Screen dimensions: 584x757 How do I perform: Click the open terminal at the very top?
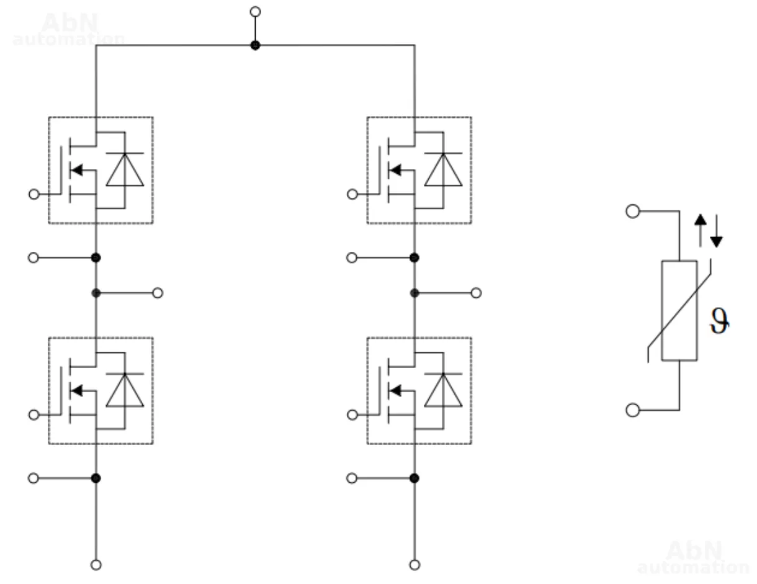click(254, 12)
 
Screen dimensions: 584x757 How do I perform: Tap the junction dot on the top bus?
click(254, 45)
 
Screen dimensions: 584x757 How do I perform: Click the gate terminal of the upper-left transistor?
click(34, 194)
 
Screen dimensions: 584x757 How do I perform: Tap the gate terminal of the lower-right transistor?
click(352, 414)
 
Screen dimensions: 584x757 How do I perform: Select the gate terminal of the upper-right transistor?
click(352, 194)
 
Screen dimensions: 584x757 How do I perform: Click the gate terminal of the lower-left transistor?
click(34, 414)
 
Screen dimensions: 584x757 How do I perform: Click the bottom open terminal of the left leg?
click(96, 565)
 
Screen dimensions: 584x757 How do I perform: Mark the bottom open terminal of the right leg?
click(414, 565)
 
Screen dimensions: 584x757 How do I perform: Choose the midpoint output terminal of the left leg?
click(158, 293)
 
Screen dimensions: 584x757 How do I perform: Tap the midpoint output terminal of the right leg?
click(476, 293)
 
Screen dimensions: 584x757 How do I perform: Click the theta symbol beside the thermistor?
click(720, 321)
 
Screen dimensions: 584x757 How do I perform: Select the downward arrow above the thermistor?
click(716, 233)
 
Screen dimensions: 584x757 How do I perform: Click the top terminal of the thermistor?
click(632, 212)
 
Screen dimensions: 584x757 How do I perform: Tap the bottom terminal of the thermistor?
click(632, 410)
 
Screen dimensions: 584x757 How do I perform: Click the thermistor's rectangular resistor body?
click(679, 310)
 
